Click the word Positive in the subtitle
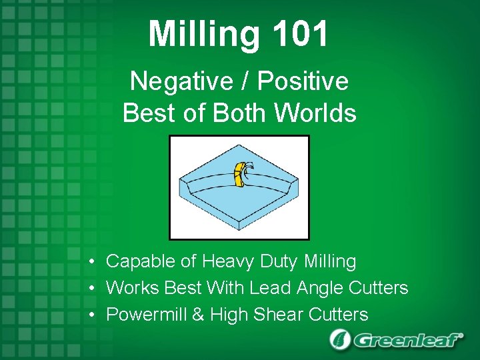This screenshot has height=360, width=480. click(303, 81)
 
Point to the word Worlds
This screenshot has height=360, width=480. click(316, 113)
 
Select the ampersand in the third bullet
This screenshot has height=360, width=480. click(198, 314)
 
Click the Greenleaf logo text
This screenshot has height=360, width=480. click(407, 340)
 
